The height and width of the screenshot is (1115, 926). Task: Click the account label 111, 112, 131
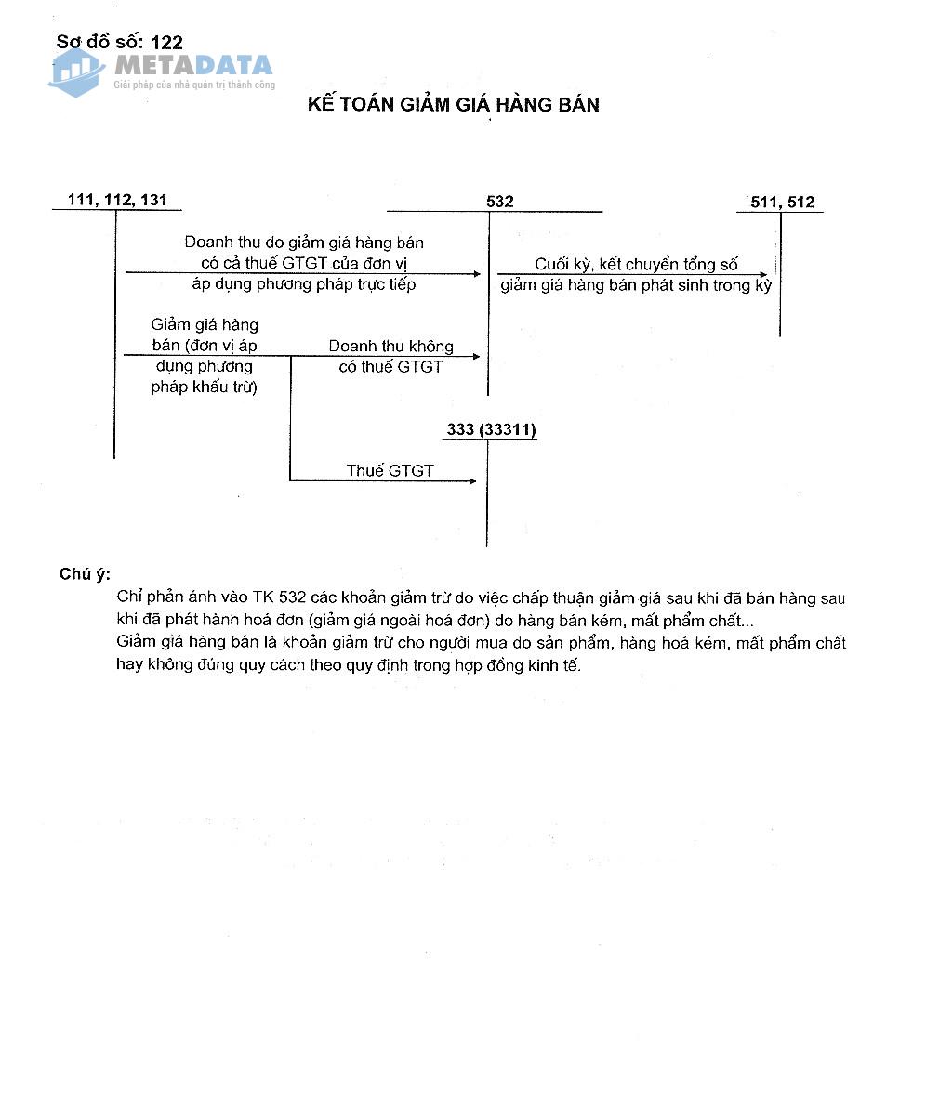[117, 201]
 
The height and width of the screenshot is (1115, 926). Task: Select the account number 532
[499, 202]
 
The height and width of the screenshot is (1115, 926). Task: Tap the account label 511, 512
[781, 202]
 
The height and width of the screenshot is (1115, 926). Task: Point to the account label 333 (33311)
[491, 429]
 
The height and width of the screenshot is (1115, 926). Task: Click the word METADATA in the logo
[193, 65]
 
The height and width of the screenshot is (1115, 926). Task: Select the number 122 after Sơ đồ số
[165, 42]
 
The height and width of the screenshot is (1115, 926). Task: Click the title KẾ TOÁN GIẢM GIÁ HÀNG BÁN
[454, 104]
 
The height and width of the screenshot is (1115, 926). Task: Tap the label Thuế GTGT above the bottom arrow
[390, 470]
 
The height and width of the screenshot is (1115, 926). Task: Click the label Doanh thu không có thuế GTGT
[390, 356]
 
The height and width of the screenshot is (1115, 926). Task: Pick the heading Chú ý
[85, 574]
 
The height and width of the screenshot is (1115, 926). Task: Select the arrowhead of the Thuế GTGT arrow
[472, 480]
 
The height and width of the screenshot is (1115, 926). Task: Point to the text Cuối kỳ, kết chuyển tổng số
[636, 265]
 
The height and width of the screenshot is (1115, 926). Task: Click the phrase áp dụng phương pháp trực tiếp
[304, 284]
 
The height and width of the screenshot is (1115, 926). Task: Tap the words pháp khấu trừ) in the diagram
[204, 387]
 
